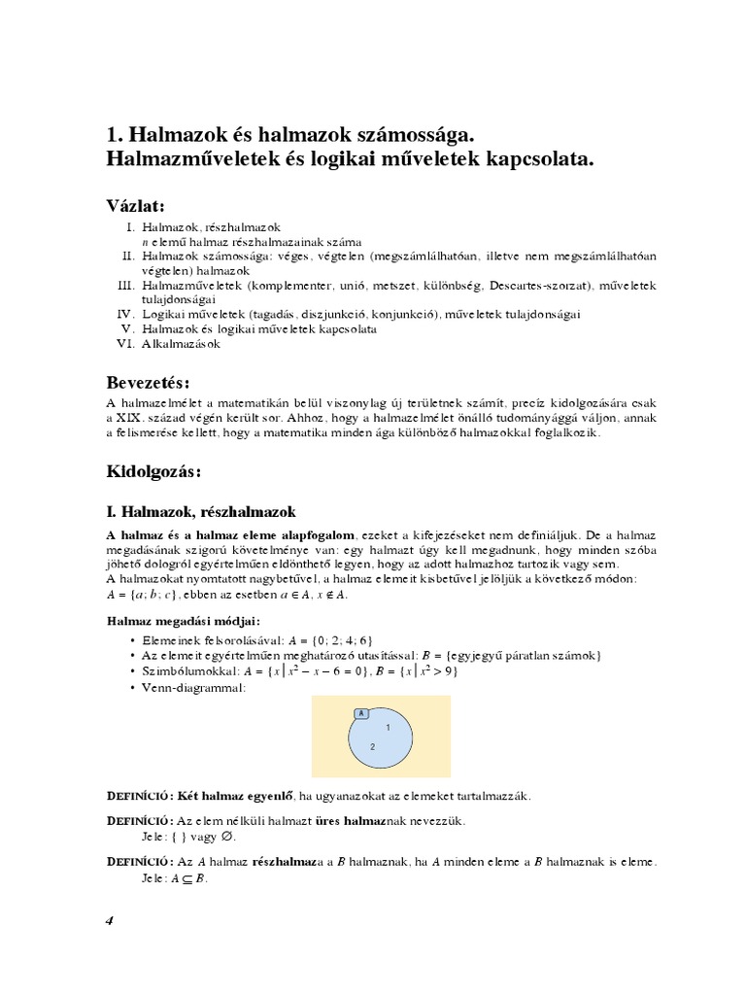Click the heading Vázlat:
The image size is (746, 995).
136,206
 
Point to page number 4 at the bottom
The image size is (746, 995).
110,921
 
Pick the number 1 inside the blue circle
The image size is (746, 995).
388,727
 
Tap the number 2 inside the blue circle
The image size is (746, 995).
372,746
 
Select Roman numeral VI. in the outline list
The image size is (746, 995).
123,344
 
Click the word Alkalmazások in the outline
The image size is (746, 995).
182,344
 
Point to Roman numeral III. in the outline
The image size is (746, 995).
123,286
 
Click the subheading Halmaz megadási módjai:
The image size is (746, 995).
183,621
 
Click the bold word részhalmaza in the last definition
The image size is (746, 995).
289,861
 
